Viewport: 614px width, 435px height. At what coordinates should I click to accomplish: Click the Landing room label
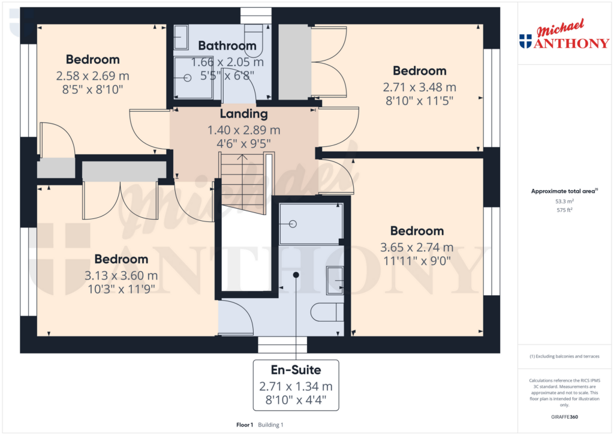pyautogui.click(x=243, y=114)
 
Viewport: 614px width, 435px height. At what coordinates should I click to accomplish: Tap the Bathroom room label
pyautogui.click(x=227, y=46)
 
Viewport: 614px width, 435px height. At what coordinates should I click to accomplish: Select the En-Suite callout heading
pyautogui.click(x=295, y=370)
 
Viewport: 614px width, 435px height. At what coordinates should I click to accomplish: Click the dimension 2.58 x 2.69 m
pyautogui.click(x=93, y=76)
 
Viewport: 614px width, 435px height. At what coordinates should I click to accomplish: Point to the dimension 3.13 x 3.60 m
pyautogui.click(x=121, y=276)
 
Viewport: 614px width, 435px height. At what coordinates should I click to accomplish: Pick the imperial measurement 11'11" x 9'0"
pyautogui.click(x=417, y=261)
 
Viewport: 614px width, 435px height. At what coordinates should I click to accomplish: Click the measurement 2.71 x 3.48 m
pyautogui.click(x=419, y=88)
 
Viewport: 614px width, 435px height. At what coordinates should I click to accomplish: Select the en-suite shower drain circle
pyautogui.click(x=293, y=224)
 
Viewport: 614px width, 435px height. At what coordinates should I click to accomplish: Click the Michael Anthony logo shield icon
pyautogui.click(x=525, y=41)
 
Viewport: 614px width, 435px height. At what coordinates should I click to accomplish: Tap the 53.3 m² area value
pyautogui.click(x=564, y=202)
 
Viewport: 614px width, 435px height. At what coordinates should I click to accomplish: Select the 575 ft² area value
pyautogui.click(x=564, y=210)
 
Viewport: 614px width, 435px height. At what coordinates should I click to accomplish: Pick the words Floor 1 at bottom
pyautogui.click(x=245, y=425)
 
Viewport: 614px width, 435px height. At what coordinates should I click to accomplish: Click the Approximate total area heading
pyautogui.click(x=562, y=191)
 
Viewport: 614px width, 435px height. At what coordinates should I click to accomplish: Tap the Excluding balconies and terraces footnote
pyautogui.click(x=564, y=356)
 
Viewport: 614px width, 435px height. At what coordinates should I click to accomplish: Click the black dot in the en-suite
pyautogui.click(x=296, y=274)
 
